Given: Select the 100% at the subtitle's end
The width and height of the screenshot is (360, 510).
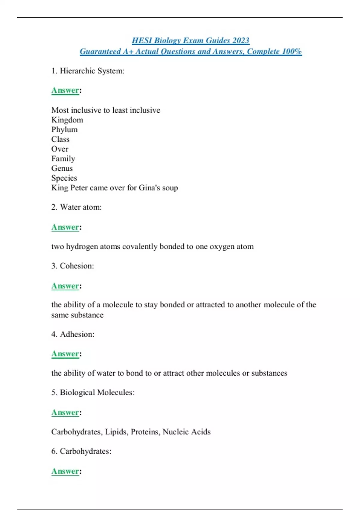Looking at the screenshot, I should (x=292, y=51).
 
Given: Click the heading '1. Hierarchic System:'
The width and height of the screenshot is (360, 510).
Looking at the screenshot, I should (x=88, y=71).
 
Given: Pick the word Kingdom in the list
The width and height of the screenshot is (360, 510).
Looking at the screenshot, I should (x=67, y=120).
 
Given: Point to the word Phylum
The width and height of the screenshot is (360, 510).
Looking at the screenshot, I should (x=64, y=130).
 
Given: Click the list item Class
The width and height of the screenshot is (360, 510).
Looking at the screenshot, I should (x=60, y=139).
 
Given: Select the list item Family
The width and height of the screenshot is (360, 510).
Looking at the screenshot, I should (x=63, y=159).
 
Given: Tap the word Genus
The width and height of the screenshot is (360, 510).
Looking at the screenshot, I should (x=62, y=168).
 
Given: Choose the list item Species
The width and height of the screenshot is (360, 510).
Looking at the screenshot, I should (x=64, y=178).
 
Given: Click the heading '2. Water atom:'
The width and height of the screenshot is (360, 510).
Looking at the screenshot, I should (x=76, y=207).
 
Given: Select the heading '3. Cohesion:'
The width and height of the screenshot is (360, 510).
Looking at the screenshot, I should (x=73, y=266).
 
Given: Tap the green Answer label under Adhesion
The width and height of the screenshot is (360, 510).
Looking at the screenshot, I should (x=65, y=354).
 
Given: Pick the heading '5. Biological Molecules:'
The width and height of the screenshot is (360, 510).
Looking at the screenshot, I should (x=93, y=393).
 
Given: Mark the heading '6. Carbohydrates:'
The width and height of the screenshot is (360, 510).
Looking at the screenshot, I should (x=81, y=451).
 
